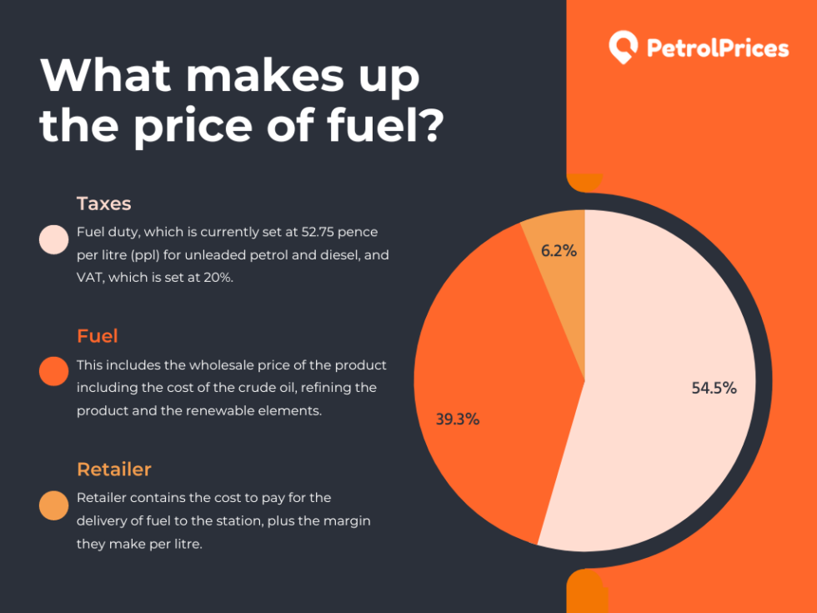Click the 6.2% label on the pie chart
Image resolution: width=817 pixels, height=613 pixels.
(559, 250)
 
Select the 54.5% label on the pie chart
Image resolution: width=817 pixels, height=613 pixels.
(714, 388)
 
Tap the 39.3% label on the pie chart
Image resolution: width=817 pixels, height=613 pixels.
(457, 420)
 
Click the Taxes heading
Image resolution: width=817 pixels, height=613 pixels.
(104, 203)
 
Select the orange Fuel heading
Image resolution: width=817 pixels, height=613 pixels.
(98, 336)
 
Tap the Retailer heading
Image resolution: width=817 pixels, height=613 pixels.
(114, 470)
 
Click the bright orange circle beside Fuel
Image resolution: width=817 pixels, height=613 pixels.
(54, 371)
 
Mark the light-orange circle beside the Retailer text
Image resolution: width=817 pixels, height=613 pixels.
(54, 505)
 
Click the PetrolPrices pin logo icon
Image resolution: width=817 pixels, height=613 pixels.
(623, 48)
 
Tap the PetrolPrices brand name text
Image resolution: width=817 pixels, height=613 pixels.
(717, 48)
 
